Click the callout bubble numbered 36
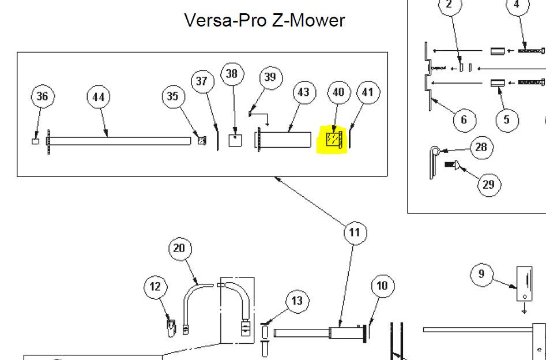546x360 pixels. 43,96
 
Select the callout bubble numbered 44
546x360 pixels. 98,97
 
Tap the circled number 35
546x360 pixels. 173,96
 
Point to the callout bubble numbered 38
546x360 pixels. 232,74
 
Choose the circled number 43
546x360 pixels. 304,92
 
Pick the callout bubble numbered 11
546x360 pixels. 355,233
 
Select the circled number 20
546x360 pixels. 180,249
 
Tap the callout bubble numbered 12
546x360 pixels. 155,287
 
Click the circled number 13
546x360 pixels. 297,302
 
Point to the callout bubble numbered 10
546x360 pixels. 382,286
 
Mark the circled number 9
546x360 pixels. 481,274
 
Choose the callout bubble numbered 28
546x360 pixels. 481,148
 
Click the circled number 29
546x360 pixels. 489,185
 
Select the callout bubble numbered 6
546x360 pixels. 465,120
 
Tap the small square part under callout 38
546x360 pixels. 235,140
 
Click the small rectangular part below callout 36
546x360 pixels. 36,141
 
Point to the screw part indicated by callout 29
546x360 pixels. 451,164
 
